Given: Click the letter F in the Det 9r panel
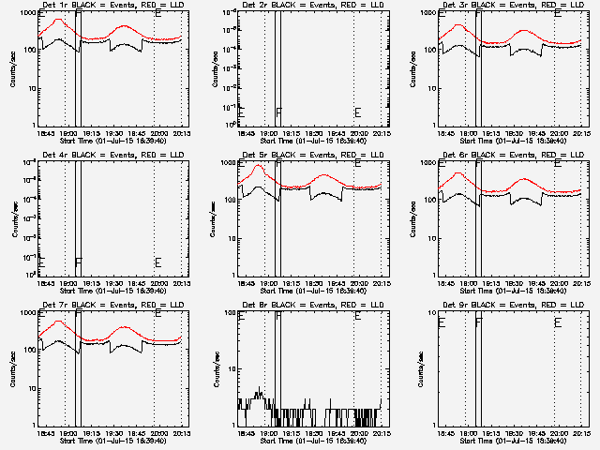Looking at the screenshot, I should coord(479,322).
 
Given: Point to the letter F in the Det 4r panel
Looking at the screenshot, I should coord(79,262).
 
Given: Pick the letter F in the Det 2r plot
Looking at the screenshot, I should coord(278,112).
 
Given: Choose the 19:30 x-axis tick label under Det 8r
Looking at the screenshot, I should coord(315,433).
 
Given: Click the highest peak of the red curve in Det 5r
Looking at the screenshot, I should coord(259,165).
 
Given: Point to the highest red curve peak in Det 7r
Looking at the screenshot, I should coord(58,321).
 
